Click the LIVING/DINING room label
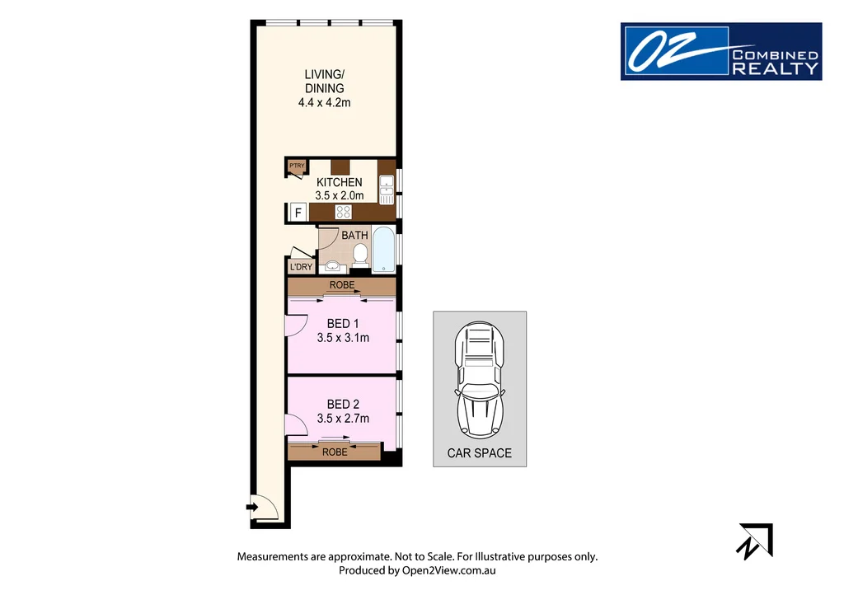323,82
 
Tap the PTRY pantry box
297,167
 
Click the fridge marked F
298,213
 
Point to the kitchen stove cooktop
344,213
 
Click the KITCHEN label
339,182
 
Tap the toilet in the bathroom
360,258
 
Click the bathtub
383,250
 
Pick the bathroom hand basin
333,265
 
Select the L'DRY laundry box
301,267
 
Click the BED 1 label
343,323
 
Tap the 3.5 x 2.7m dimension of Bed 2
343,419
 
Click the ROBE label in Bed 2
335,452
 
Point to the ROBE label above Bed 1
342,285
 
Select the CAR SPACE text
480,453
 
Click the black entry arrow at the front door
251,507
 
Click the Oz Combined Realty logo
720,51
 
